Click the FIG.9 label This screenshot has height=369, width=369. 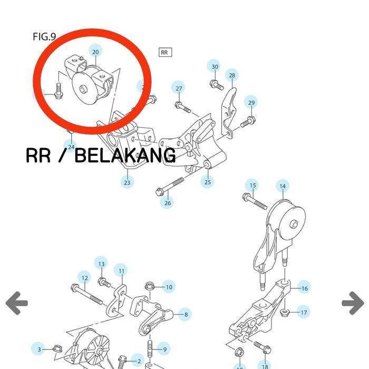[44, 36]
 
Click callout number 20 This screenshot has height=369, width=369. [95, 52]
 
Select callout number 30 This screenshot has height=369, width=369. [215, 66]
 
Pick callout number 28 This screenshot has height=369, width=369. [231, 75]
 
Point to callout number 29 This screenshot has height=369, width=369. [251, 103]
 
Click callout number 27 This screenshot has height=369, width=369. [179, 88]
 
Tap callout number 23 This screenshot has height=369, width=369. [127, 182]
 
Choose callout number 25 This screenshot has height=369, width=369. [208, 182]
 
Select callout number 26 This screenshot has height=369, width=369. [168, 203]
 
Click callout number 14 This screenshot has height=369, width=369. [283, 186]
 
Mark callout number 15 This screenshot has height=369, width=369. [253, 185]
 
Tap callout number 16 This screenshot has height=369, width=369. [304, 288]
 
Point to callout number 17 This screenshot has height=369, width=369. [304, 313]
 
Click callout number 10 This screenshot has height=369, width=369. [169, 287]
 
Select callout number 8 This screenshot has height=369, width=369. [186, 315]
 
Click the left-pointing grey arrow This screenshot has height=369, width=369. [16, 303]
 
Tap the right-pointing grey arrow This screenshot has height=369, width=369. [353, 303]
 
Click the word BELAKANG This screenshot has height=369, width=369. [125, 156]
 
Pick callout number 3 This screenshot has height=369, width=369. [38, 349]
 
